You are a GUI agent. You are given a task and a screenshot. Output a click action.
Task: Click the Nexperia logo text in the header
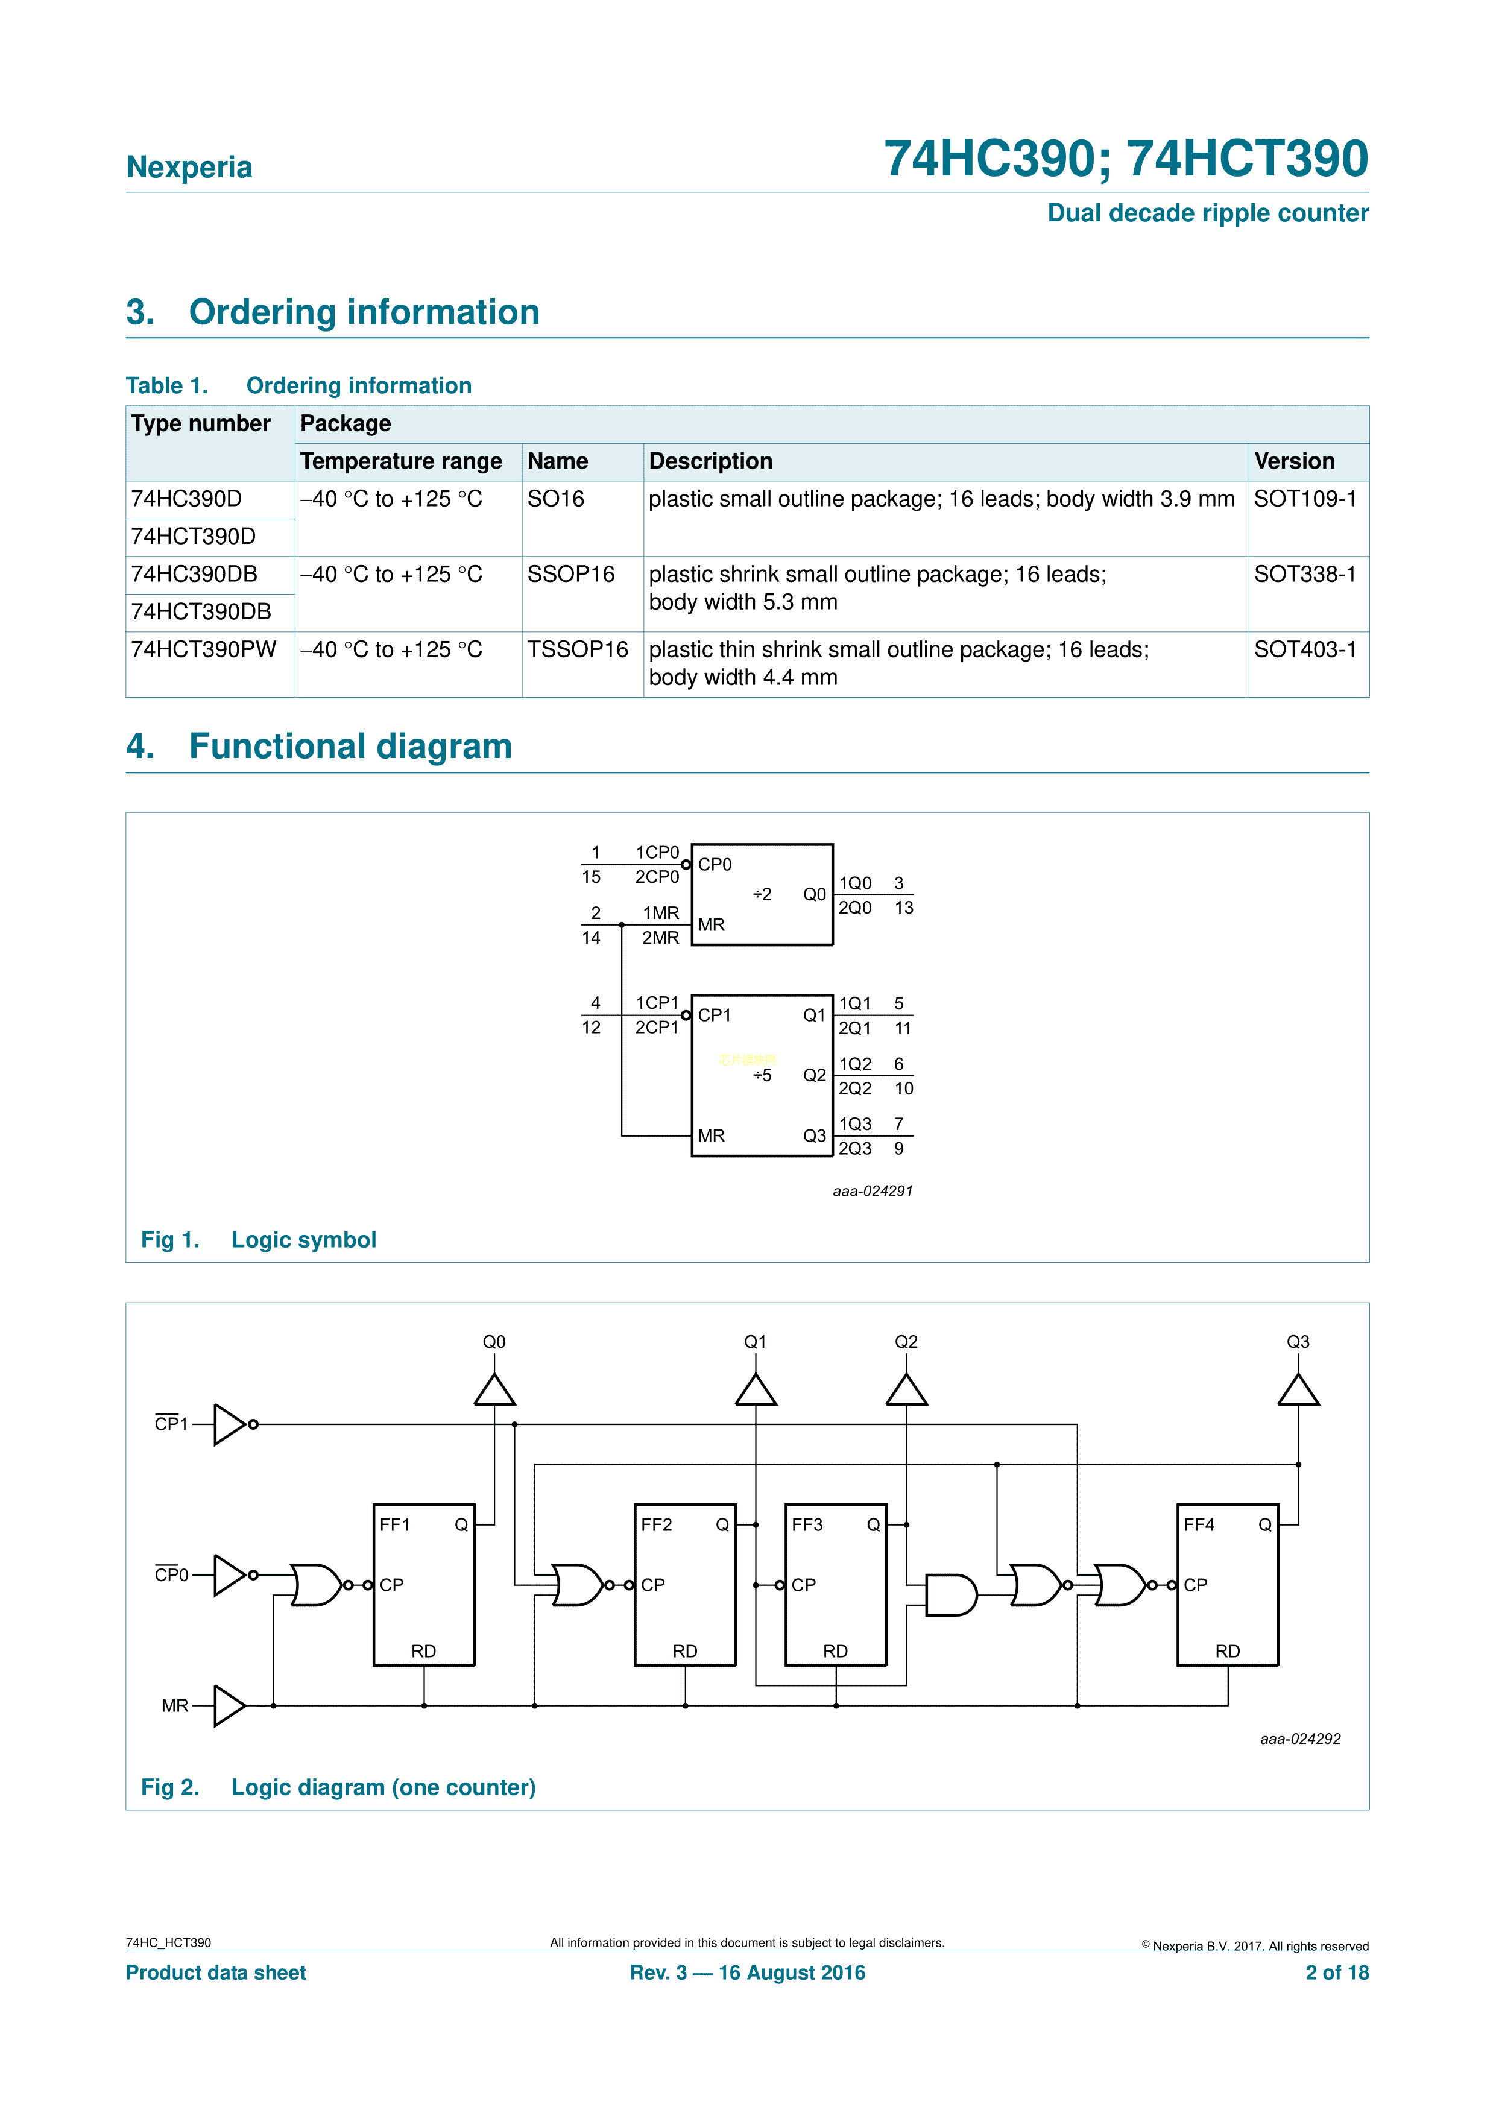pyautogui.click(x=189, y=167)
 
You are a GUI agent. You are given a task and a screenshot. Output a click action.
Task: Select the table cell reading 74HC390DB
pyautogui.click(x=195, y=574)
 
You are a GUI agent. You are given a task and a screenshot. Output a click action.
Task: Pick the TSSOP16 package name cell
pyautogui.click(x=577, y=649)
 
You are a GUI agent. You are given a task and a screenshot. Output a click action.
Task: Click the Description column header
pyautogui.click(x=710, y=461)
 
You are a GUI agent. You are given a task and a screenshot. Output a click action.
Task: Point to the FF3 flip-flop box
pyautogui.click(x=835, y=1584)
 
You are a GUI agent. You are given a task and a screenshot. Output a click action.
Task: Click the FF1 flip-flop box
pyautogui.click(x=423, y=1584)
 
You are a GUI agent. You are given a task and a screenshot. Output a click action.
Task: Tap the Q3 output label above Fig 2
pyautogui.click(x=1297, y=1342)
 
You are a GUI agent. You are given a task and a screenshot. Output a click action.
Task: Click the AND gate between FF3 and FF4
pyautogui.click(x=950, y=1596)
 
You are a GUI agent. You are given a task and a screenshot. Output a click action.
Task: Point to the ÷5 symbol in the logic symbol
pyautogui.click(x=762, y=1076)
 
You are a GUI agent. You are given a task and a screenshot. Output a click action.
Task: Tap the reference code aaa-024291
pyautogui.click(x=872, y=1191)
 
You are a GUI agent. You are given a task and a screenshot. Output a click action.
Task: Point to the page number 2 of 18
pyautogui.click(x=1337, y=1972)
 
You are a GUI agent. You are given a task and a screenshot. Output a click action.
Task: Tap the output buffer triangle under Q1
pyautogui.click(x=756, y=1390)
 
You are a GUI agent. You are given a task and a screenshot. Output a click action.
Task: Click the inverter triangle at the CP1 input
pyautogui.click(x=229, y=1424)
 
